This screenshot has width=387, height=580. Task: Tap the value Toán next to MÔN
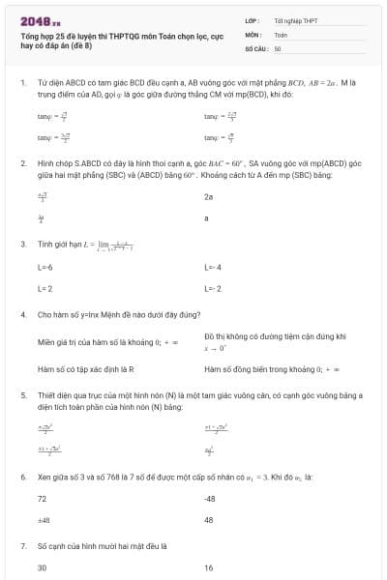pyautogui.click(x=281, y=34)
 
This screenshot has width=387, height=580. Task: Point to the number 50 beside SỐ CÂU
pyautogui.click(x=278, y=47)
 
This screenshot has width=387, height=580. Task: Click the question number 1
pyautogui.click(x=22, y=84)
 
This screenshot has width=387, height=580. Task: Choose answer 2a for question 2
pyautogui.click(x=208, y=196)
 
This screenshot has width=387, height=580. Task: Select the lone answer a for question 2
pyautogui.click(x=206, y=218)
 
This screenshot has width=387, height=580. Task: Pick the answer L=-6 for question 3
pyautogui.click(x=45, y=266)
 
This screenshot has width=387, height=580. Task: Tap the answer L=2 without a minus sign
pyautogui.click(x=45, y=288)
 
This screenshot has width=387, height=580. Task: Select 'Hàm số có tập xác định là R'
pyautogui.click(x=85, y=368)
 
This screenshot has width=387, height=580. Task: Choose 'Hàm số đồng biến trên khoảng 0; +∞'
pyautogui.click(x=272, y=368)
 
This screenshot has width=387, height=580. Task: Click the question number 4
pyautogui.click(x=22, y=315)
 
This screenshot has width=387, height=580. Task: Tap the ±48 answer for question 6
pyautogui.click(x=44, y=520)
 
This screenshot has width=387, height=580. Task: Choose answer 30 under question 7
pyautogui.click(x=43, y=567)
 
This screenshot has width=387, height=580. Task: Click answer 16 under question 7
pyautogui.click(x=209, y=567)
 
